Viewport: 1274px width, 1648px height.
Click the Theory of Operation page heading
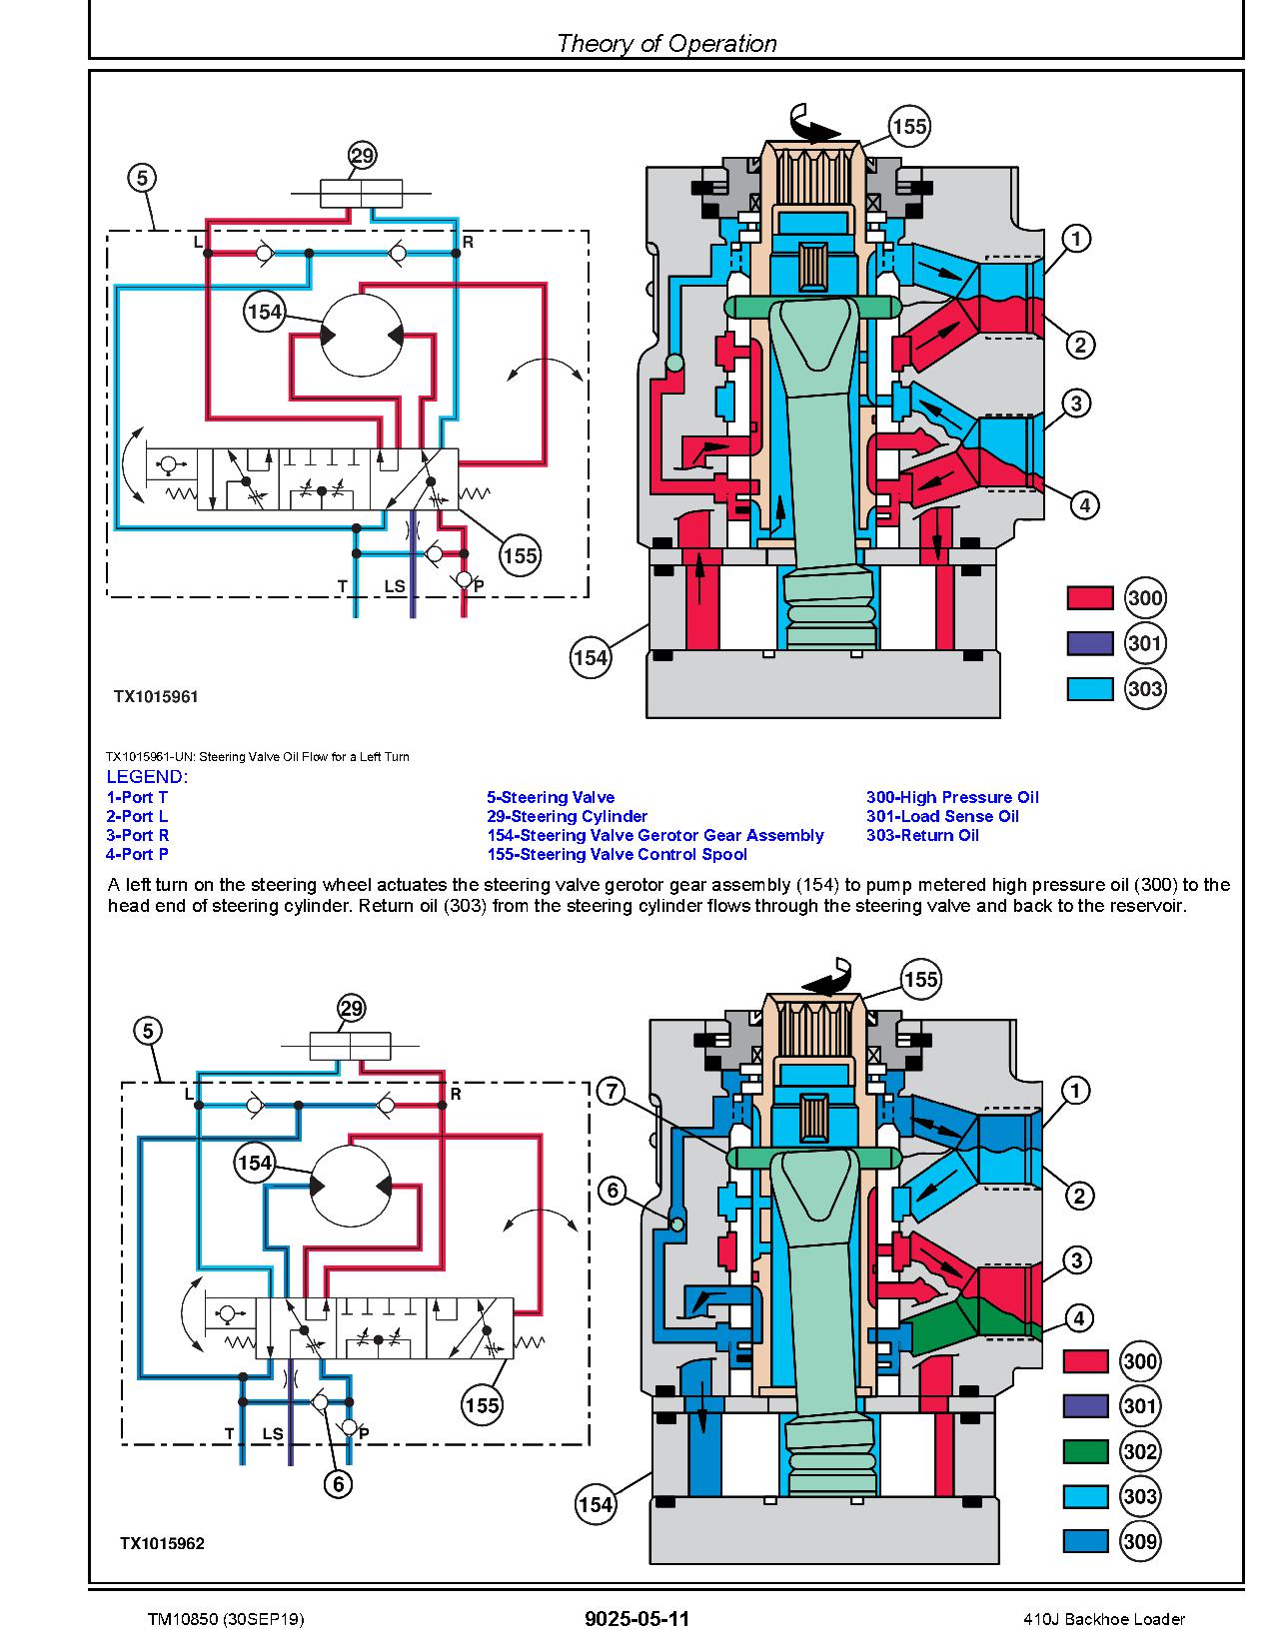[x=665, y=43]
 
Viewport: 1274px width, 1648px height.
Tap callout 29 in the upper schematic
[x=362, y=156]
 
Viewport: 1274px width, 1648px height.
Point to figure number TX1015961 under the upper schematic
[x=156, y=697]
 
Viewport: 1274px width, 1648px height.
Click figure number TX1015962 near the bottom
[x=162, y=1543]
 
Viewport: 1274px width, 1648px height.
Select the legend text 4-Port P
[x=137, y=854]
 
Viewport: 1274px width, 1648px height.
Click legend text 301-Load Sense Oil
[x=942, y=816]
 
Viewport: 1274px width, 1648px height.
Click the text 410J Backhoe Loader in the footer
[x=1104, y=1619]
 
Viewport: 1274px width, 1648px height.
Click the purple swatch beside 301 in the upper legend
[x=1089, y=643]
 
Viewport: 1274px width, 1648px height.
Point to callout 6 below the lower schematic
[x=338, y=1484]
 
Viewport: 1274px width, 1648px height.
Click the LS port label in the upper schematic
[x=395, y=586]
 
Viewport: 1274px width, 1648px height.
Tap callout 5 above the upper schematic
[x=143, y=178]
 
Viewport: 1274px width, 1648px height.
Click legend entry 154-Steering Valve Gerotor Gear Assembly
[x=654, y=835]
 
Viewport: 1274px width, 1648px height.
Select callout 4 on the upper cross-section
[x=1084, y=504]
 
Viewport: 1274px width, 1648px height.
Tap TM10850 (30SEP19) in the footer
[x=225, y=1619]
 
